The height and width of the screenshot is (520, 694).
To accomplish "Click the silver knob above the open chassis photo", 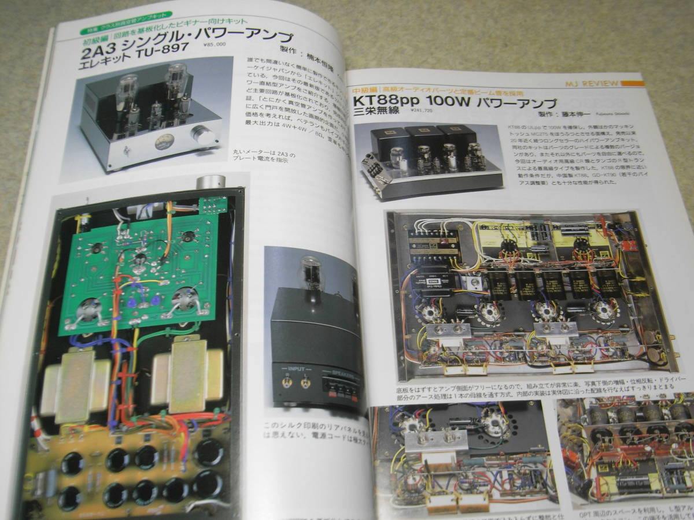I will click(x=210, y=182).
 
